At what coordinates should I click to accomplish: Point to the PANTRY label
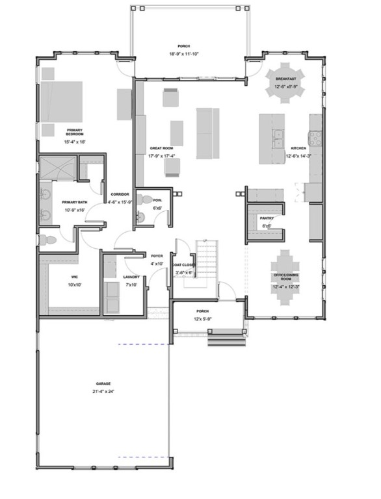coord(265,219)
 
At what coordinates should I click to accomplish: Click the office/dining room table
coord(286,277)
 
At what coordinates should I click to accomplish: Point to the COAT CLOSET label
coord(184,265)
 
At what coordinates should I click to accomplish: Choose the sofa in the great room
coord(205,133)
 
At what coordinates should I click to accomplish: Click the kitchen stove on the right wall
coord(316,136)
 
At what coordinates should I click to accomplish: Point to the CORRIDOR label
coord(120,194)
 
